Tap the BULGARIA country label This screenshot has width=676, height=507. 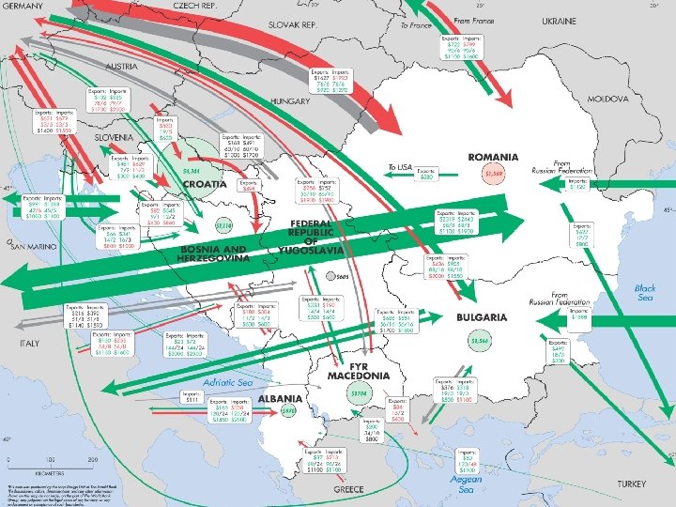[x=483, y=317]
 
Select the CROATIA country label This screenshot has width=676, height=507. [x=205, y=184]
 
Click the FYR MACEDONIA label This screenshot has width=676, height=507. [x=358, y=371]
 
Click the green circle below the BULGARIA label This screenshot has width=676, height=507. [x=481, y=340]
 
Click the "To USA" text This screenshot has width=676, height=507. [x=400, y=166]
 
